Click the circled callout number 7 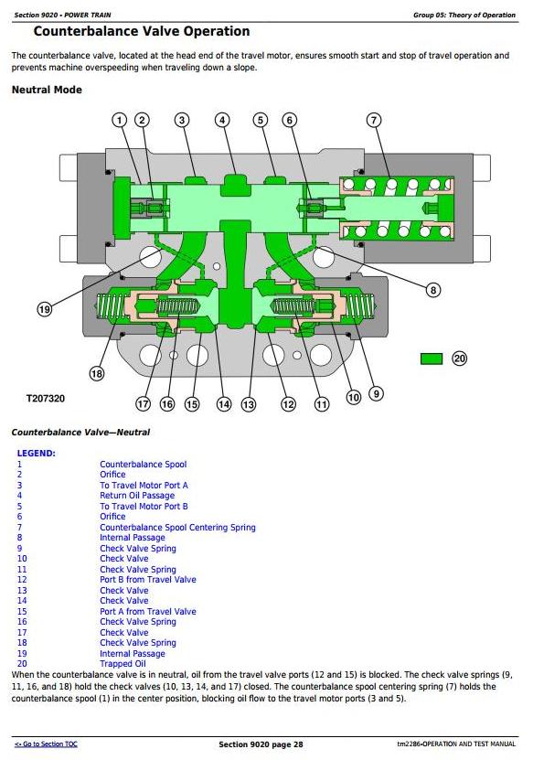pos(374,120)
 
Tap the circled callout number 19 pos(44,309)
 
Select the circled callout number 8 pos(432,290)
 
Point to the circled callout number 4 pos(222,120)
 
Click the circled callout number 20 pos(459,359)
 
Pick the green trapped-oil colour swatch pos(432,359)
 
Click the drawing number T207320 pos(46,399)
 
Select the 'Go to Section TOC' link pos(46,744)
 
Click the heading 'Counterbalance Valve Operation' pos(142,31)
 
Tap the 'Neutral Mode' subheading pos(47,90)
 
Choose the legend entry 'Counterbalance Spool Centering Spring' pos(178,528)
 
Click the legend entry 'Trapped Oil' pos(123,664)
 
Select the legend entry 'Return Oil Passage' pos(137,496)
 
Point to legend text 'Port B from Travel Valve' pos(148,580)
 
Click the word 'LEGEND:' pos(37,454)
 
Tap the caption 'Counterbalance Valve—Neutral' pos(81,432)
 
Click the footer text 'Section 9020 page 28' pos(261,744)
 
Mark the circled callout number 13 pos(248,404)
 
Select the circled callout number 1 pos(119,120)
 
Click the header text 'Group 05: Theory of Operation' pos(464,15)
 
